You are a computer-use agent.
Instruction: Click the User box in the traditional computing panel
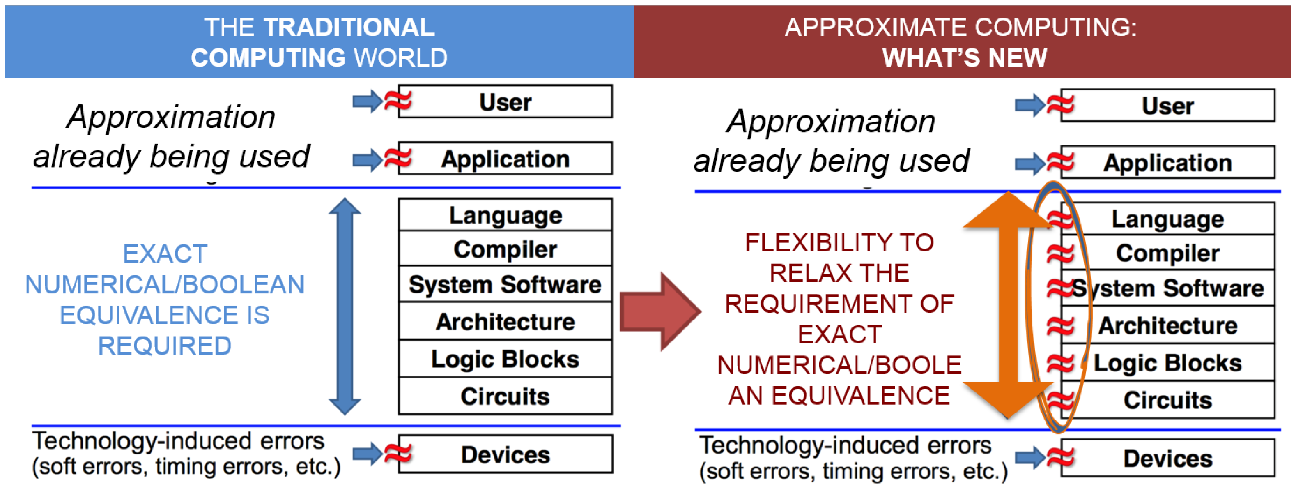coord(505,102)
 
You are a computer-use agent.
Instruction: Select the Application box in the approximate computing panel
coord(1168,162)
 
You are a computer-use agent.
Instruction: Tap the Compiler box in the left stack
coord(505,249)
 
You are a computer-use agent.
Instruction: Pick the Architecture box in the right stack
coord(1168,325)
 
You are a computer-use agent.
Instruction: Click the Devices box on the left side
coord(505,454)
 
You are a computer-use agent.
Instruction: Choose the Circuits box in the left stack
coord(505,396)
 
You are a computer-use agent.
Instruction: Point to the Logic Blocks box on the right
coord(1168,362)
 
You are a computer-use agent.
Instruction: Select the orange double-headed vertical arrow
coord(1008,305)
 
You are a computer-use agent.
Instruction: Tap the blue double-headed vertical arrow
coord(345,306)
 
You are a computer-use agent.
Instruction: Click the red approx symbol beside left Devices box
coord(398,454)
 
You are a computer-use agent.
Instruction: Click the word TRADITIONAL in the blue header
coord(349,27)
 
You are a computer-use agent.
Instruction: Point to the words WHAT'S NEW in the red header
coord(965,58)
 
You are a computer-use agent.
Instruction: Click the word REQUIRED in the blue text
coord(165,346)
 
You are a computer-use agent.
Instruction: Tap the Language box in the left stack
coord(505,215)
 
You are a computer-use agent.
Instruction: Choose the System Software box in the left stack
coord(505,284)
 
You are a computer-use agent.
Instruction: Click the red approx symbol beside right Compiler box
coord(1061,253)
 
